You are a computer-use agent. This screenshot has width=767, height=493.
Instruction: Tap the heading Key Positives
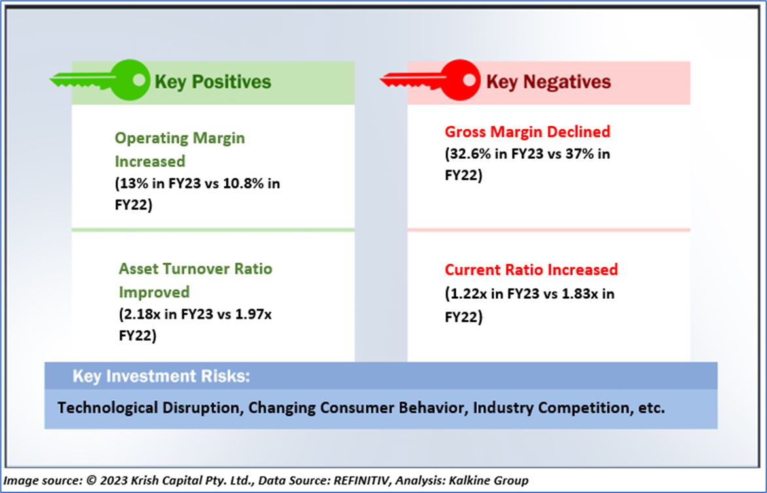point(213,82)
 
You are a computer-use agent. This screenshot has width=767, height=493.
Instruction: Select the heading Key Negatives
point(549,82)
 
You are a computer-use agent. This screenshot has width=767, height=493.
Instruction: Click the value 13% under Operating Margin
point(131,184)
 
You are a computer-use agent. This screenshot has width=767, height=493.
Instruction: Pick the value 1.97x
point(254,314)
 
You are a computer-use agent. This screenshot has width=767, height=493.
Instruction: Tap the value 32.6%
point(471,154)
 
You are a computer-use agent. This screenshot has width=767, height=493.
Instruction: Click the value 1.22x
point(469,294)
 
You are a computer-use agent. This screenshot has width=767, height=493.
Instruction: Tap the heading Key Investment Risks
point(161,376)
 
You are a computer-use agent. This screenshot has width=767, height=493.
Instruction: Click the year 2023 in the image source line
point(114,481)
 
